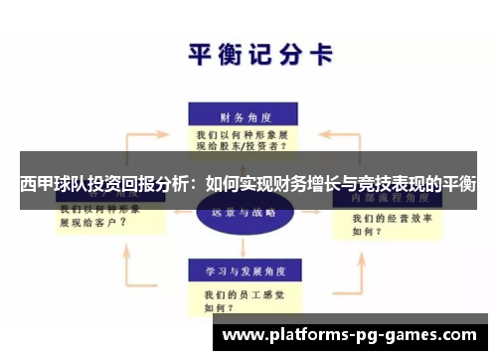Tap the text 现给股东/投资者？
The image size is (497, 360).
click(243, 145)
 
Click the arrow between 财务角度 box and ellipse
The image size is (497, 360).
click(242, 170)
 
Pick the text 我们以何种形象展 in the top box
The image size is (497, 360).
click(242, 132)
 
